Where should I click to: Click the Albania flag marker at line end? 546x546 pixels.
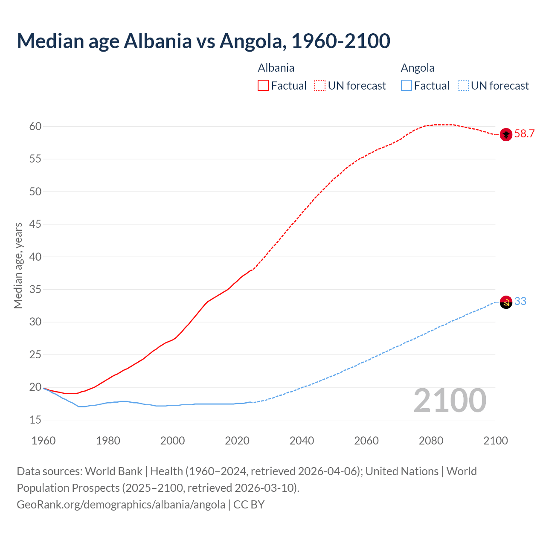(x=505, y=134)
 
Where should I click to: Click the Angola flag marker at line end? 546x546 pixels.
(x=505, y=302)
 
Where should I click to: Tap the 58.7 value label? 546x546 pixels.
(x=524, y=134)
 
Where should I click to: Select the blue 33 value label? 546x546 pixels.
(x=520, y=302)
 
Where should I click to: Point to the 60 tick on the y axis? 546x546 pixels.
(x=35, y=126)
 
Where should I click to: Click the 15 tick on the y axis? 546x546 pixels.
(x=35, y=420)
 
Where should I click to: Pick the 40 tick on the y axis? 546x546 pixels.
(x=35, y=257)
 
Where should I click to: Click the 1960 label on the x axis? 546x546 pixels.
(x=44, y=441)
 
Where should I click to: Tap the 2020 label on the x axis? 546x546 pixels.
(x=237, y=441)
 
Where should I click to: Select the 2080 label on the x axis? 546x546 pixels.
(x=431, y=441)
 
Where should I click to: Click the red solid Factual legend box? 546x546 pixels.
(x=263, y=86)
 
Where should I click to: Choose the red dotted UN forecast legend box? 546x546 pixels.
(x=320, y=86)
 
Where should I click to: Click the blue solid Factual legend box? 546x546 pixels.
(x=407, y=86)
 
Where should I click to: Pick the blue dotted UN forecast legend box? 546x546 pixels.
(x=463, y=86)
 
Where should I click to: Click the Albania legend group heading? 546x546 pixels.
(x=276, y=68)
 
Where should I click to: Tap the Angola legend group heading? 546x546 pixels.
(x=418, y=68)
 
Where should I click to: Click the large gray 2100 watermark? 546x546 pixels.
(x=450, y=401)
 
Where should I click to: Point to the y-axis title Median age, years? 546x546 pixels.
(x=18, y=265)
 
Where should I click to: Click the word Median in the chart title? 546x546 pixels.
(x=50, y=41)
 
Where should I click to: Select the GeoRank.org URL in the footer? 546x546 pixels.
(x=121, y=505)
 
